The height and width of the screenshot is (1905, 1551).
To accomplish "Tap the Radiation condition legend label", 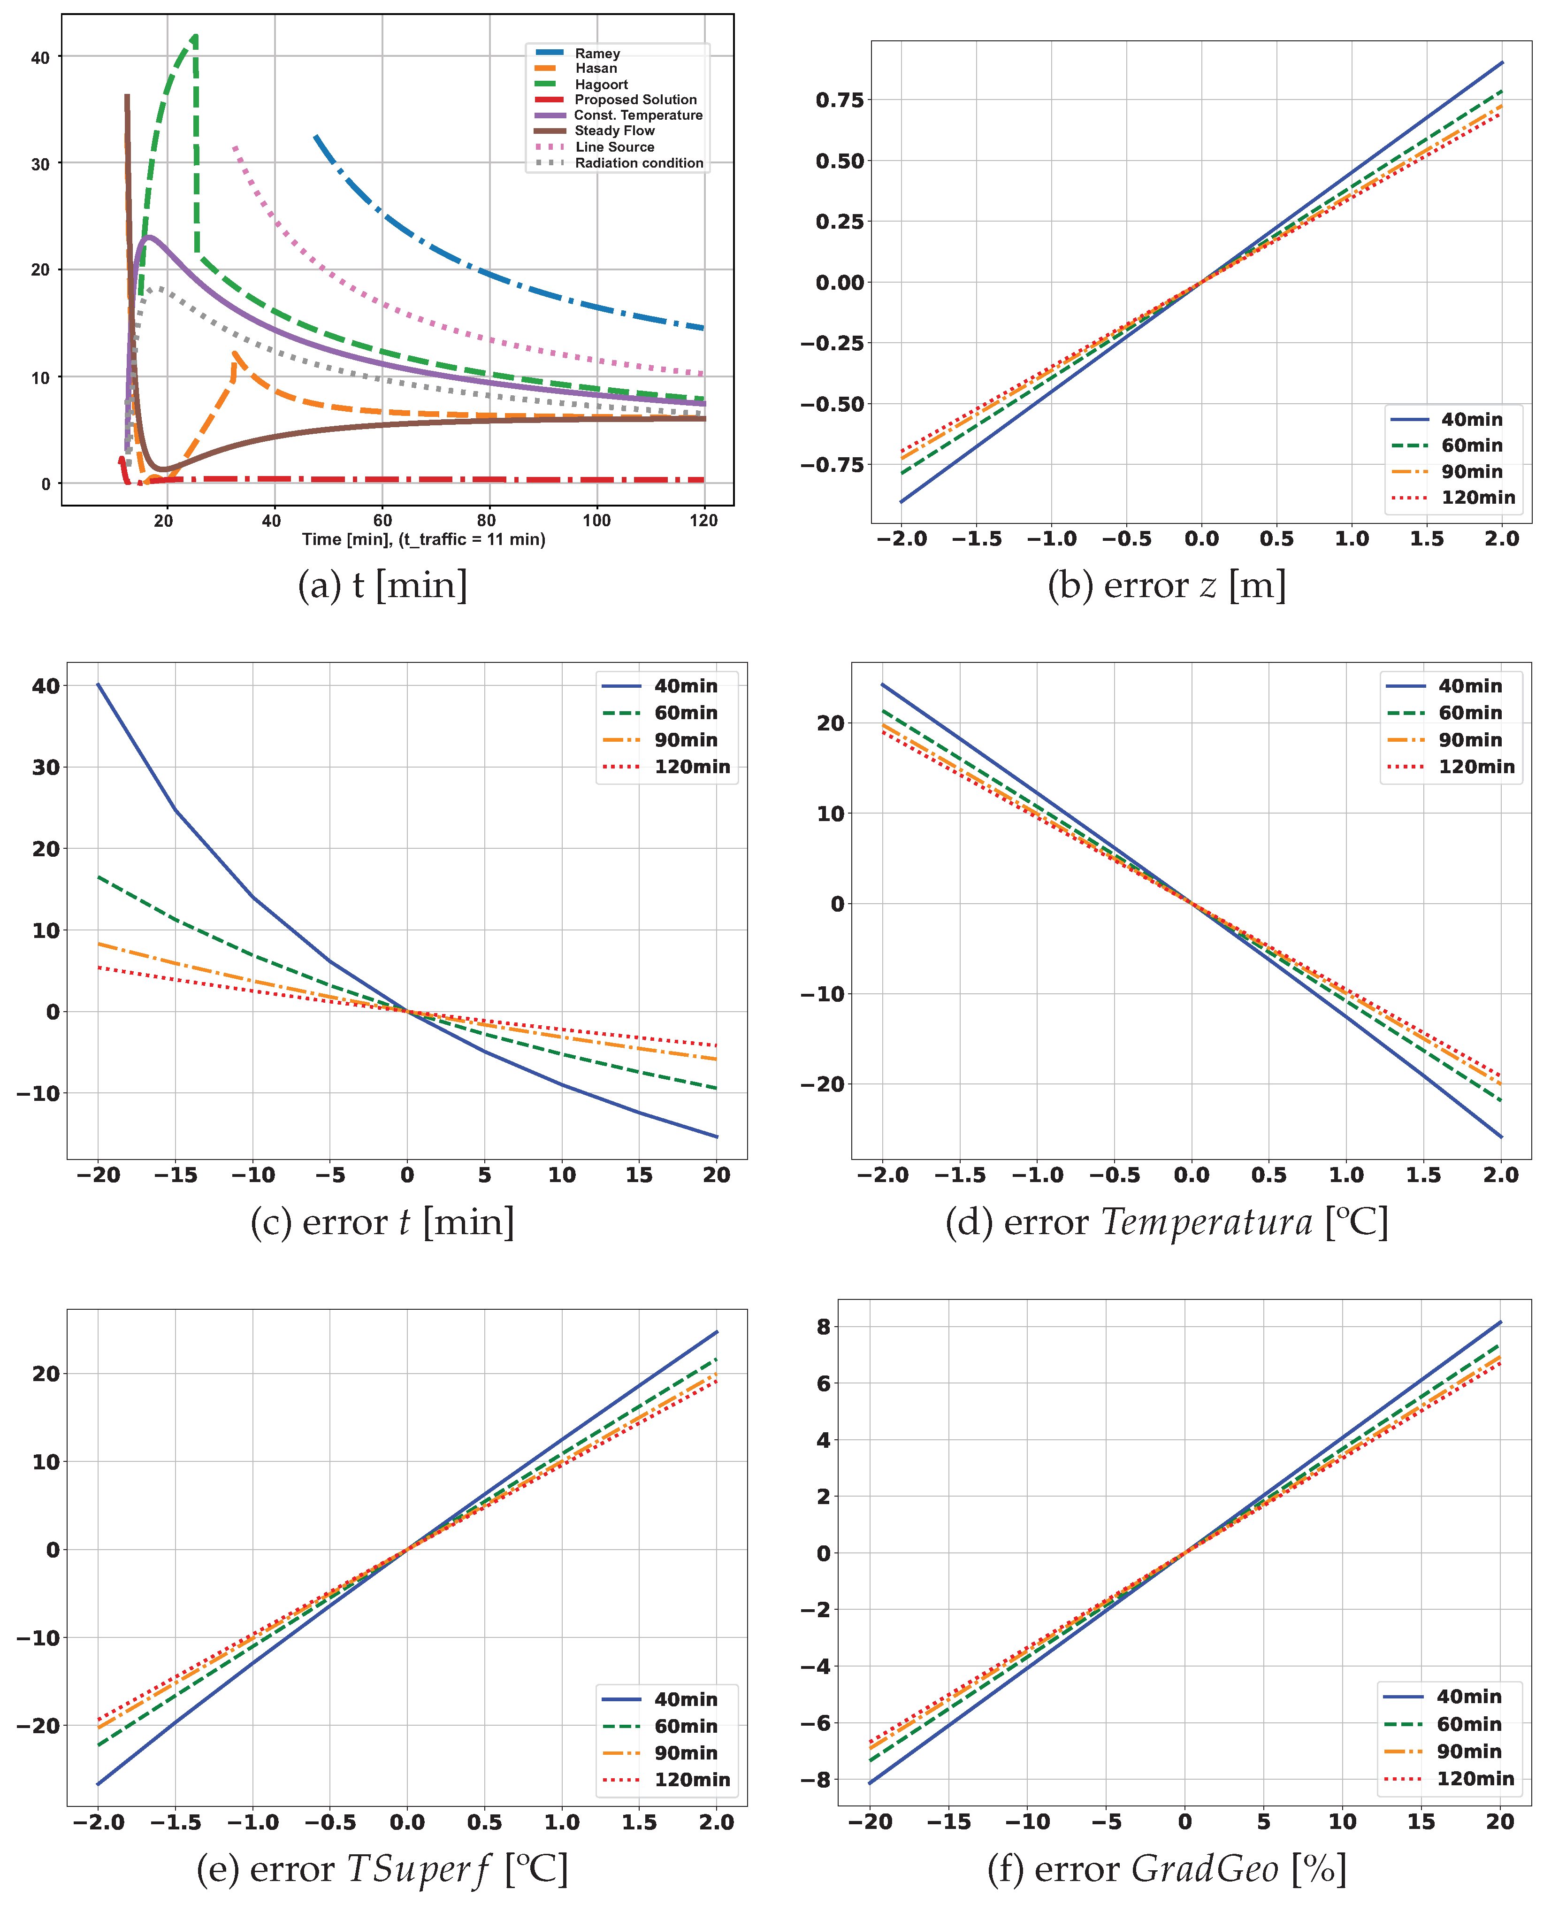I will click(638, 162).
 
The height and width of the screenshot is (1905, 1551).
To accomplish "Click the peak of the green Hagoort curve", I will click(195, 37).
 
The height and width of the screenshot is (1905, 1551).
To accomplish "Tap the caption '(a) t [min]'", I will click(382, 585).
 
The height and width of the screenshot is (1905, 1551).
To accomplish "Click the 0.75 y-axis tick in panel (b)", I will click(840, 99).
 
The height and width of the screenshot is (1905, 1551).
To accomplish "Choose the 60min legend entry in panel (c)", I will click(685, 713).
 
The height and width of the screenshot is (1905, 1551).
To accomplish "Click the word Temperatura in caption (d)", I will click(1206, 1222).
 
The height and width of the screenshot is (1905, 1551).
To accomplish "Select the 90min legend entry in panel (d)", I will click(1470, 740).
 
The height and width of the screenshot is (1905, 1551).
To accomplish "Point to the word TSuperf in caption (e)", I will click(417, 1869).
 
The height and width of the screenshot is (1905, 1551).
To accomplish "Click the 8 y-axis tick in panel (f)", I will click(823, 1327).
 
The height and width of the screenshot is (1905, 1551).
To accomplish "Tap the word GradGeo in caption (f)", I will click(1204, 1869).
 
